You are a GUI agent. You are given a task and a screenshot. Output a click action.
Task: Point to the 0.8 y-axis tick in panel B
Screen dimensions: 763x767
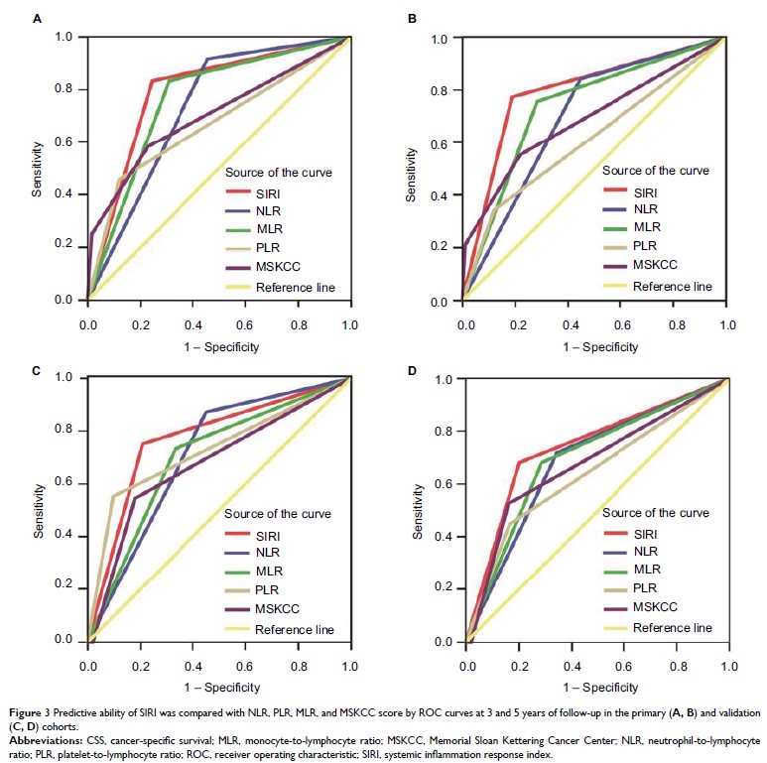445,89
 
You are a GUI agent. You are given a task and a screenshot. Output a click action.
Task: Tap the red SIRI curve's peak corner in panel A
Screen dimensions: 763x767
152,80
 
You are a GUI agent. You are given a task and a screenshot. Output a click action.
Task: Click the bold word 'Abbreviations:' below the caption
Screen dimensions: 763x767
41,740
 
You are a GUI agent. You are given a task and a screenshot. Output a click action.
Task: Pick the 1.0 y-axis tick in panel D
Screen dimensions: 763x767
445,379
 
